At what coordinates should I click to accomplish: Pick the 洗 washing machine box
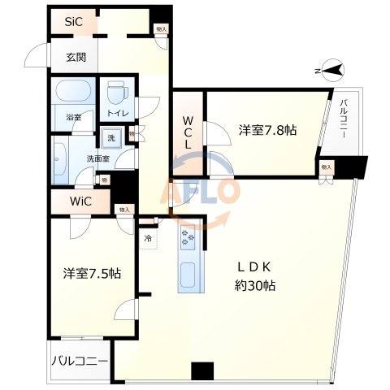[x=112, y=137]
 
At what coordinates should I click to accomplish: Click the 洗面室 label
[x=100, y=158]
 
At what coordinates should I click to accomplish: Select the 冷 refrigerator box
[x=148, y=238]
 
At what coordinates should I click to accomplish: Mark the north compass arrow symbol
[x=330, y=72]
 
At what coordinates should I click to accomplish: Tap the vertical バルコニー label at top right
[x=344, y=118]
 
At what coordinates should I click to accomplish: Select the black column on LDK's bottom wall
[x=201, y=371]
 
